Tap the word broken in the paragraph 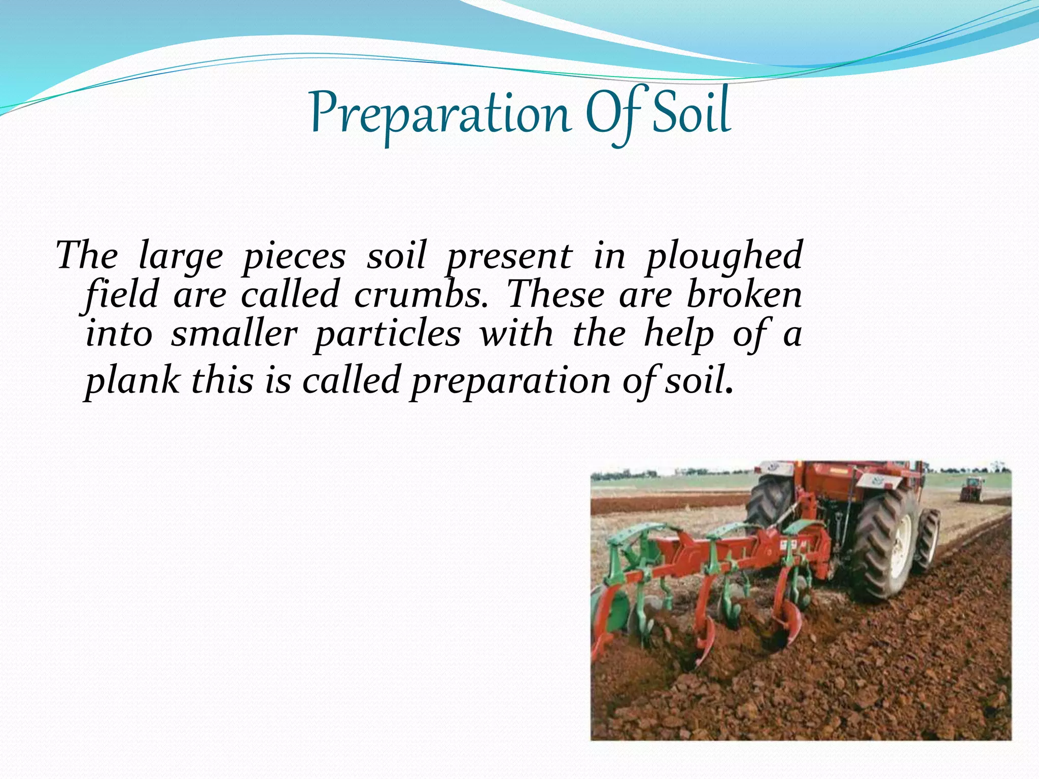click(744, 295)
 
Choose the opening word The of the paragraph click(87, 256)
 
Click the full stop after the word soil click(730, 391)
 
